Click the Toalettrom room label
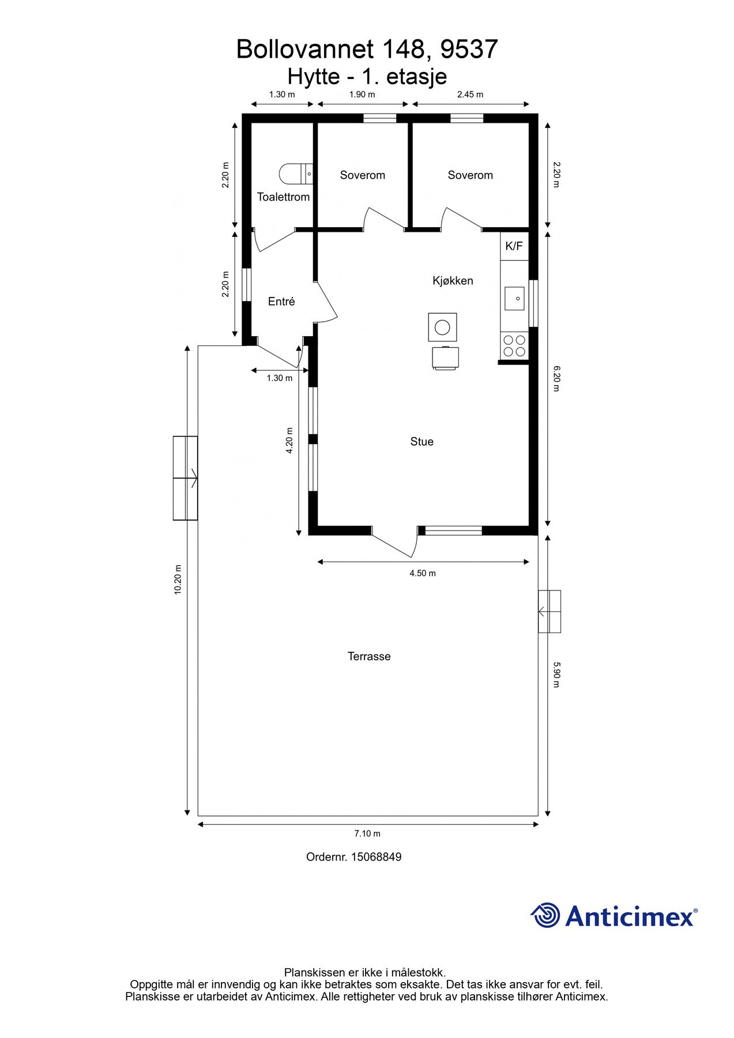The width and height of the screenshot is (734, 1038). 283,197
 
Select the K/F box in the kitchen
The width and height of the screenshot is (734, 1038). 514,246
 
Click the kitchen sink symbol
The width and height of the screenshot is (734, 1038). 514,298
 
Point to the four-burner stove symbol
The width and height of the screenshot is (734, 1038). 514,345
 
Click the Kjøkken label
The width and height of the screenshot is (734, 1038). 453,281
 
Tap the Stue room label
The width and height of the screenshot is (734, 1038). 421,442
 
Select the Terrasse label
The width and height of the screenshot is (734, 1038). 369,656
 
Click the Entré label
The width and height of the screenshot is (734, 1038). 281,302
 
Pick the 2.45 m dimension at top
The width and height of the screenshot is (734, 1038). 470,95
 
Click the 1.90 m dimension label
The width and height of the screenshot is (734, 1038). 362,95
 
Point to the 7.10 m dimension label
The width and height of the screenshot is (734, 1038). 367,834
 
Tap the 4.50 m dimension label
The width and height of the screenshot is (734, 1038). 423,573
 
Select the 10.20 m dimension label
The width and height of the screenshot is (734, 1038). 178,580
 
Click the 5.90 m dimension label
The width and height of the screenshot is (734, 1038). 556,674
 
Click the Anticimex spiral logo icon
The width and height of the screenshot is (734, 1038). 545,915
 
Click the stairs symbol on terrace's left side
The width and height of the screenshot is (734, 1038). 186,478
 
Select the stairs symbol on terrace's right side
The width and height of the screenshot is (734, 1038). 549,611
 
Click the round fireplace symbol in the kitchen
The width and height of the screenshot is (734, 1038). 442,328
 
